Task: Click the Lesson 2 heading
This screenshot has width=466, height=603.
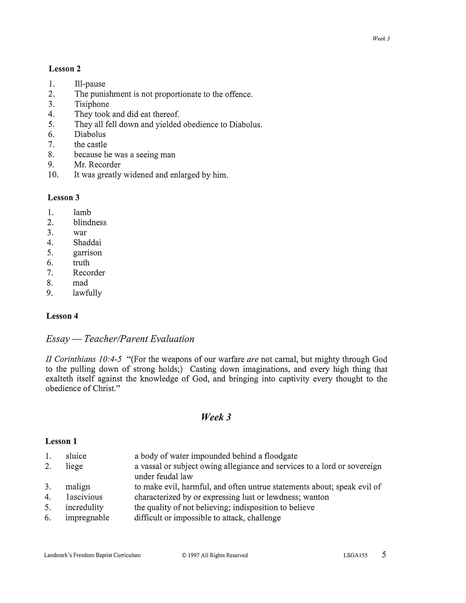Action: [x=64, y=69]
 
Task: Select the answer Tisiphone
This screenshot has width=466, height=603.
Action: [x=92, y=104]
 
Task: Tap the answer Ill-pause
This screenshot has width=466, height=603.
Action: [x=90, y=84]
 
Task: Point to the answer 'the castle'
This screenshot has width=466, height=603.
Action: [x=90, y=144]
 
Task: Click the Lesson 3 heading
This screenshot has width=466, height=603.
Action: [x=64, y=198]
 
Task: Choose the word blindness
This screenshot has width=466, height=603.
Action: [x=90, y=222]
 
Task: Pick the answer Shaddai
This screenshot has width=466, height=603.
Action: [x=87, y=242]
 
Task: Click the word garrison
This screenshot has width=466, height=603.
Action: [x=87, y=252]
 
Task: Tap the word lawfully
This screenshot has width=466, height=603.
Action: [x=87, y=293]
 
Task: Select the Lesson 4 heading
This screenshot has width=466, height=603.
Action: [x=62, y=316]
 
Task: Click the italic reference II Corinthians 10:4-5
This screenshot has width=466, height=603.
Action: [x=84, y=359]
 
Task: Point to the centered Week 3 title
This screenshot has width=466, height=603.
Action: [x=216, y=417]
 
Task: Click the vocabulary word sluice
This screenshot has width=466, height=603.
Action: [x=76, y=456]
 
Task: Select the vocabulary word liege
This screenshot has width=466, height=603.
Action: [x=74, y=466]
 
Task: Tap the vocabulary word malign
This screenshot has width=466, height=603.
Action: [x=78, y=487]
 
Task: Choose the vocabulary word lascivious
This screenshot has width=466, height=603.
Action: [x=84, y=497]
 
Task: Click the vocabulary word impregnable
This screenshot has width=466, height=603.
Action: [x=87, y=518]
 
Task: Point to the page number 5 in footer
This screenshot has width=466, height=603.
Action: [x=384, y=555]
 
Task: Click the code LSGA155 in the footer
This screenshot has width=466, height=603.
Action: [x=355, y=555]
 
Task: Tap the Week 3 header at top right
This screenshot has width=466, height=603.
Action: [x=381, y=38]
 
